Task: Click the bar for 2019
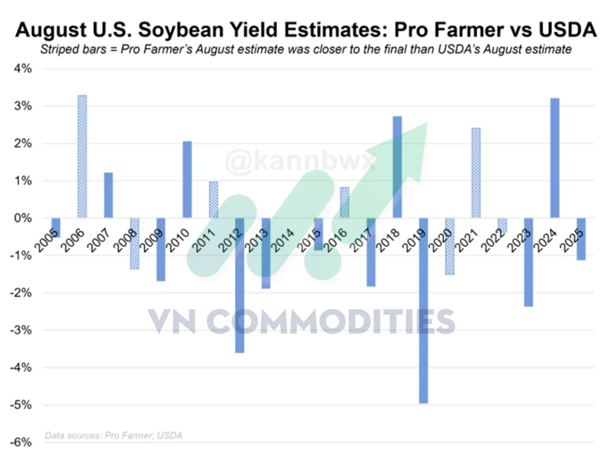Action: (x=423, y=310)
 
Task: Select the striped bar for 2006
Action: (x=82, y=156)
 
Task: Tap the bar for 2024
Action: (x=555, y=158)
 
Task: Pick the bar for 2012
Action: (x=239, y=285)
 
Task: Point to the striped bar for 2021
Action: (x=476, y=173)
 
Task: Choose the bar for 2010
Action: (x=187, y=179)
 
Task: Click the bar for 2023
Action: (x=528, y=262)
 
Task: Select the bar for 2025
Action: (x=581, y=239)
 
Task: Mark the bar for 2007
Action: (x=108, y=195)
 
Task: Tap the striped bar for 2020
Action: (x=450, y=246)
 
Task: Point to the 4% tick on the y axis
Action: (x=23, y=69)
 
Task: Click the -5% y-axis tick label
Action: (x=21, y=405)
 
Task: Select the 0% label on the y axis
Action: (x=23, y=218)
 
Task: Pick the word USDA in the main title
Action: (x=568, y=30)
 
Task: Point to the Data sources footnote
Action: (x=113, y=435)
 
